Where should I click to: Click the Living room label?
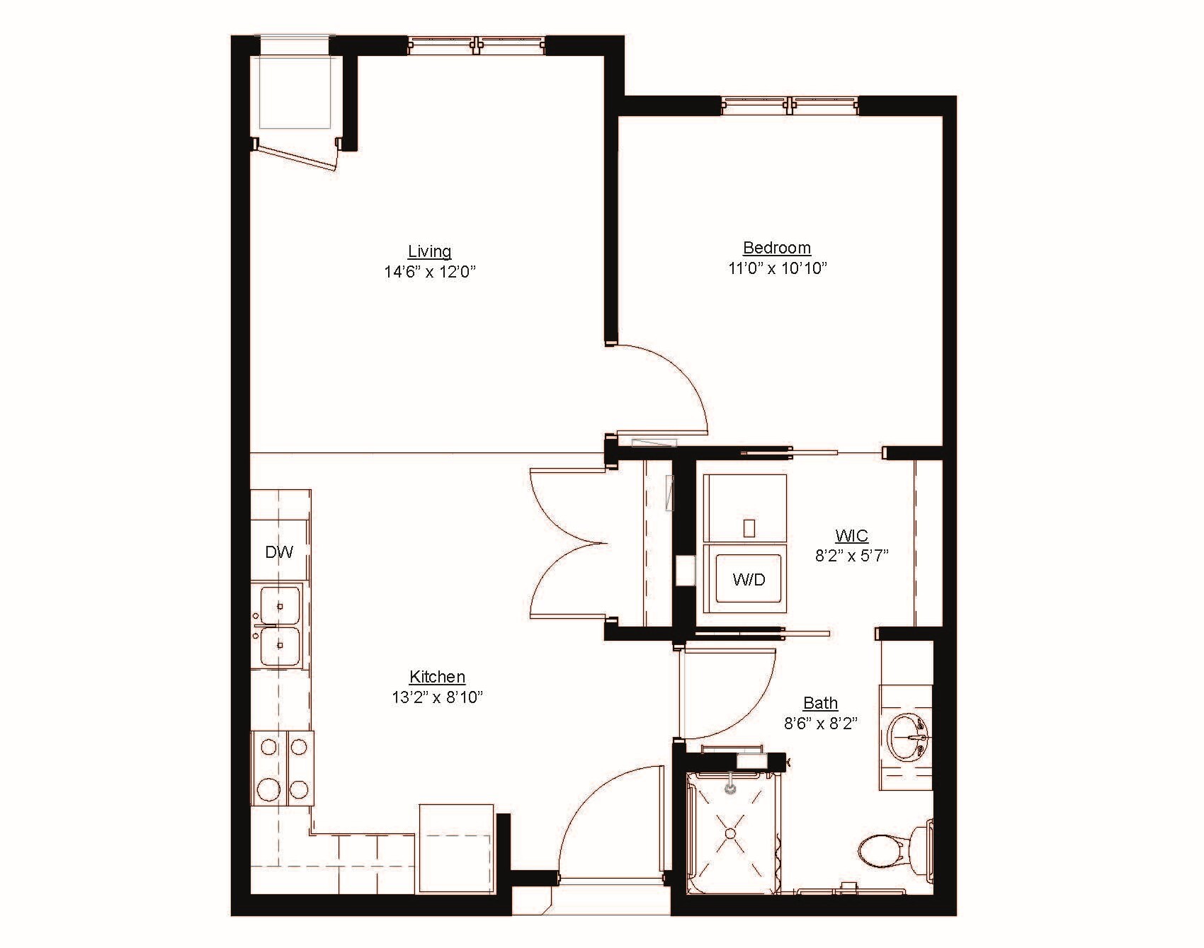pyautogui.click(x=429, y=251)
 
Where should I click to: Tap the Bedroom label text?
pyautogui.click(x=776, y=248)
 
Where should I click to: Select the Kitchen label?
pyautogui.click(x=437, y=677)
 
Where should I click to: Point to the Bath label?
pyautogui.click(x=820, y=703)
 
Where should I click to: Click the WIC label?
pyautogui.click(x=851, y=536)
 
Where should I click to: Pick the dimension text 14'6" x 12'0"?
pyautogui.click(x=429, y=272)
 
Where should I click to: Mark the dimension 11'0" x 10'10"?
pyautogui.click(x=776, y=268)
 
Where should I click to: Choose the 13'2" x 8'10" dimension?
pyautogui.click(x=437, y=697)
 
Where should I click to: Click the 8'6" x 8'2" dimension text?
pyautogui.click(x=820, y=724)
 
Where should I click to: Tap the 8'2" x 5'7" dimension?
pyautogui.click(x=851, y=556)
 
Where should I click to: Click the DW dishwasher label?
pyautogui.click(x=279, y=552)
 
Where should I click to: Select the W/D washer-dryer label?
pyautogui.click(x=749, y=580)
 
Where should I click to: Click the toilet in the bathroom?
pyautogui.click(x=889, y=847)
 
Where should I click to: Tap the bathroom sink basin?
pyautogui.click(x=909, y=736)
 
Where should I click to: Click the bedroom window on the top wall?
pyautogui.click(x=790, y=105)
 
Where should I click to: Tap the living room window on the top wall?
pyautogui.click(x=477, y=45)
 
